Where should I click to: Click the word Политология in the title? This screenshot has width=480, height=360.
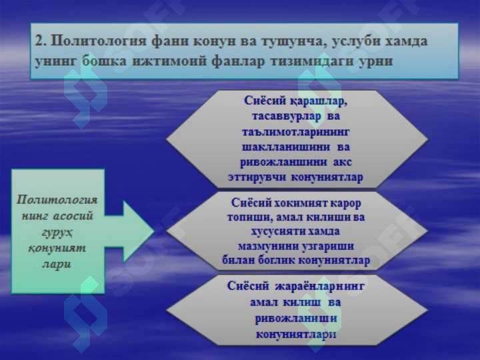(x=99, y=41)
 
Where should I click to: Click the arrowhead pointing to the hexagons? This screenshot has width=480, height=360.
(x=139, y=232)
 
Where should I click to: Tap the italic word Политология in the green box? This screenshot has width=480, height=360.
(x=57, y=199)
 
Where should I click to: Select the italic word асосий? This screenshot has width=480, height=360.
(x=73, y=216)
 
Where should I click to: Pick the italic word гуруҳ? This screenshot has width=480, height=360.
(x=57, y=233)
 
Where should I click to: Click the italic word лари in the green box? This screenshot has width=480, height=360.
(x=57, y=265)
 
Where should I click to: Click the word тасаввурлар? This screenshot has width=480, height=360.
(x=287, y=116)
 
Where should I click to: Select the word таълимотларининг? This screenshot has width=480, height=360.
(x=295, y=132)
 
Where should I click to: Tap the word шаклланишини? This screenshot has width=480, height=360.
(x=286, y=147)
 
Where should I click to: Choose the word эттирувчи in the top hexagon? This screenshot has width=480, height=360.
(x=257, y=177)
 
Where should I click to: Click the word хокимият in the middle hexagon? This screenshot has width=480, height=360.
(x=297, y=203)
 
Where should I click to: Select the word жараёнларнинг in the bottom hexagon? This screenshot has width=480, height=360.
(x=320, y=286)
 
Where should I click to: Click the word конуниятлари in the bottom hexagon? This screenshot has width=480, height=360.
(x=296, y=334)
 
